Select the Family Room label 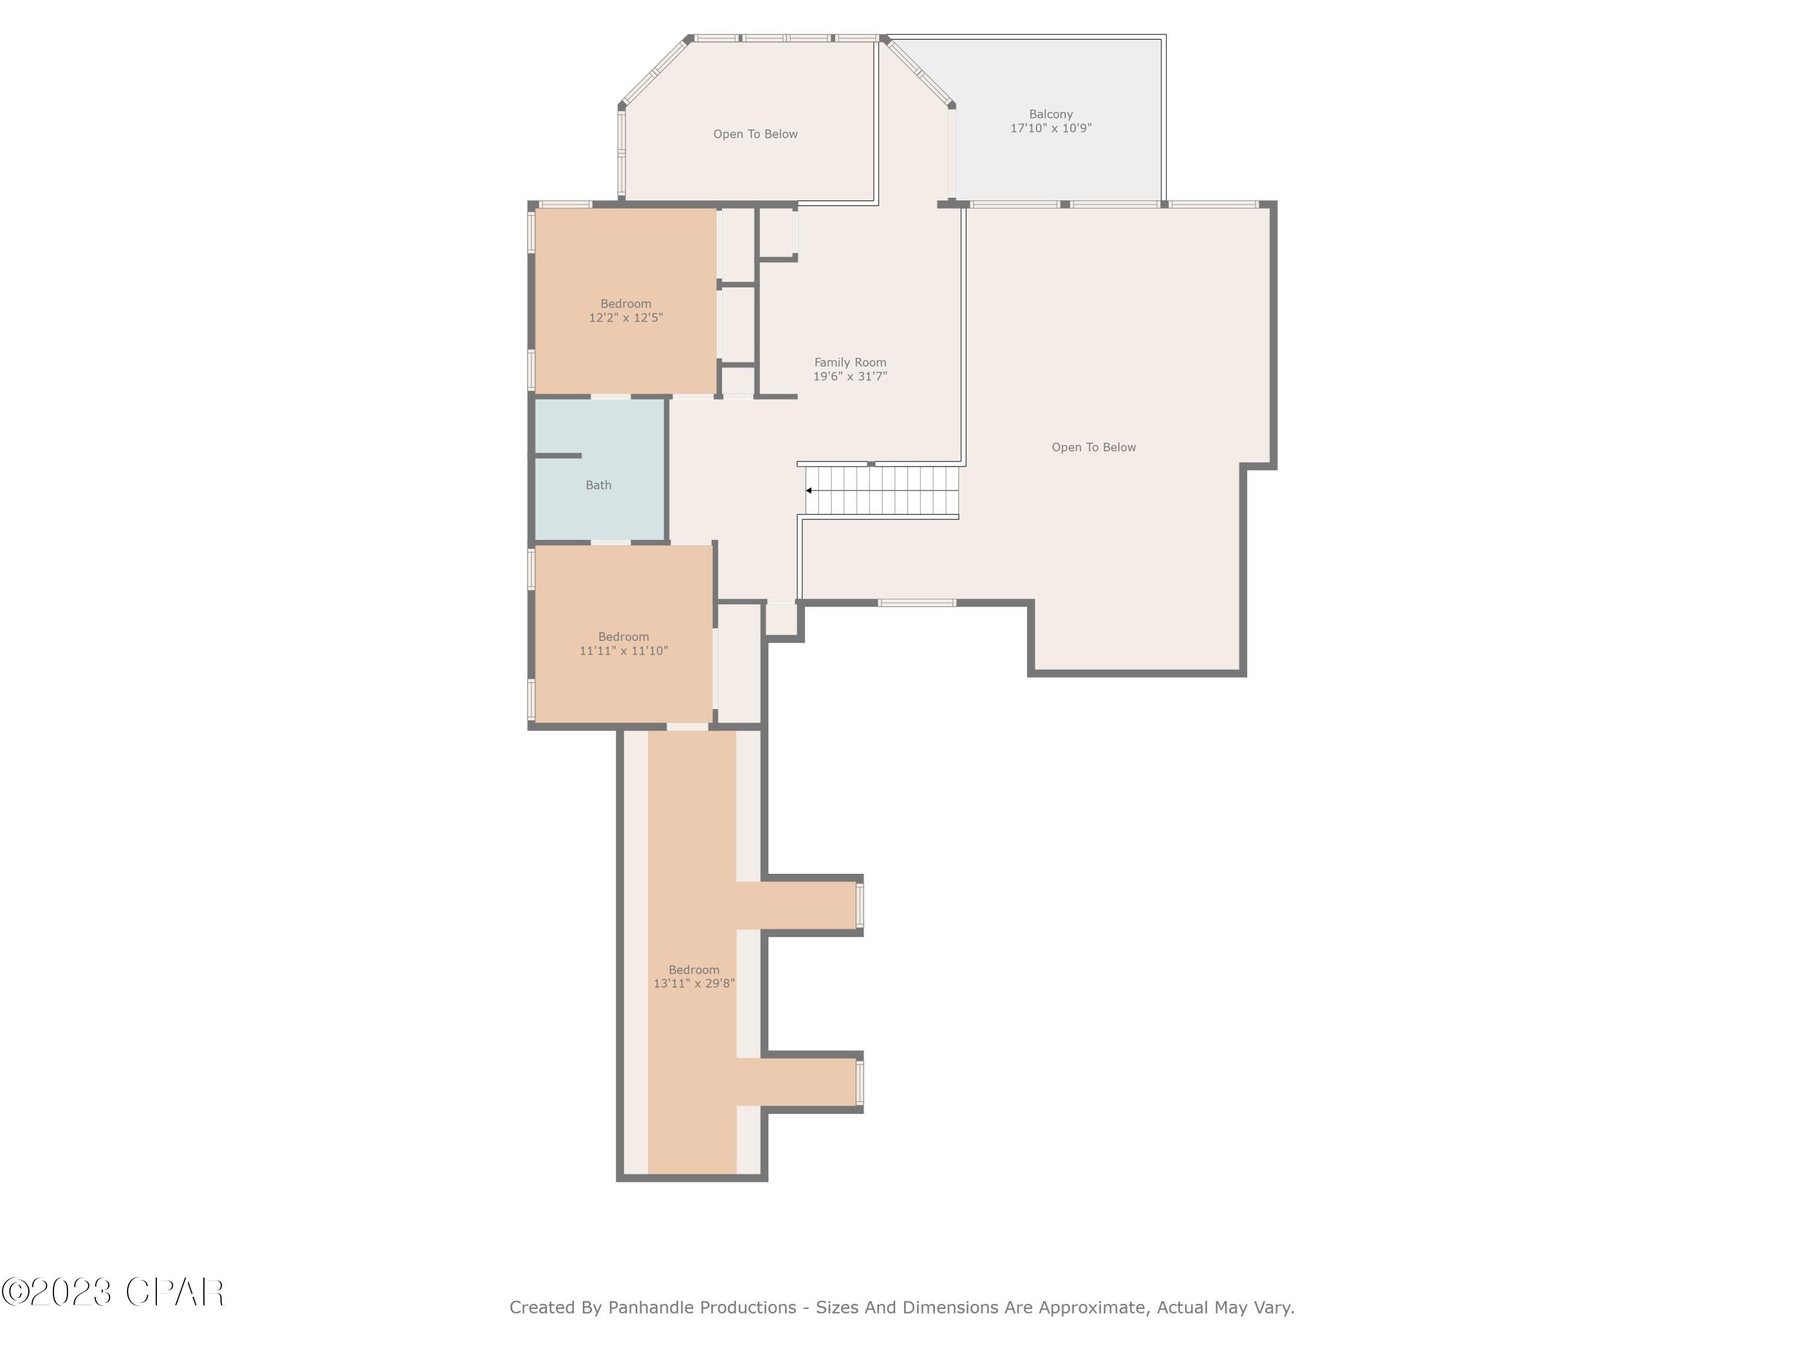pyautogui.click(x=850, y=362)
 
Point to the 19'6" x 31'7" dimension pyautogui.click(x=850, y=376)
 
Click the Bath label pyautogui.click(x=598, y=485)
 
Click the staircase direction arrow pyautogui.click(x=809, y=490)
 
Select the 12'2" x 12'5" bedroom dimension pyautogui.click(x=626, y=318)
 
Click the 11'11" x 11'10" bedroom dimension pyautogui.click(x=623, y=651)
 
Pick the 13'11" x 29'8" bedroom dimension pyautogui.click(x=694, y=983)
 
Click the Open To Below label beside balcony pyautogui.click(x=755, y=134)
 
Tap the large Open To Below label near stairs pyautogui.click(x=1093, y=447)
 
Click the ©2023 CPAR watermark pyautogui.click(x=113, y=1292)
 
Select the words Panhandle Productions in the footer pyautogui.click(x=702, y=1308)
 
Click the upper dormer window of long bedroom pyautogui.click(x=859, y=905)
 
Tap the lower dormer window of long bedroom pyautogui.click(x=859, y=1082)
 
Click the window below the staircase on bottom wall pyautogui.click(x=916, y=603)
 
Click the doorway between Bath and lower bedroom pyautogui.click(x=610, y=542)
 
